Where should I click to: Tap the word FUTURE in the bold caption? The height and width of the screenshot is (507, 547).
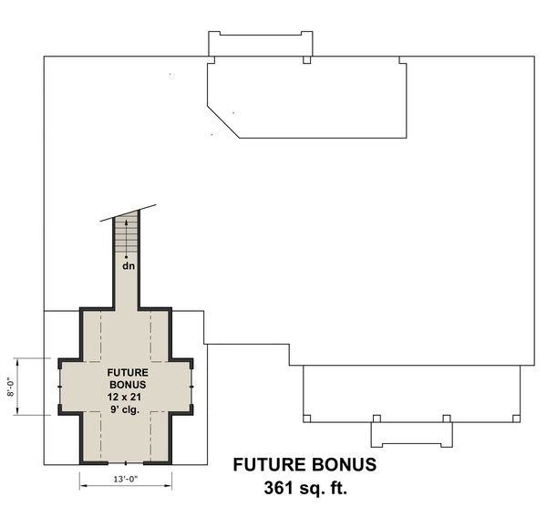[x=273, y=464]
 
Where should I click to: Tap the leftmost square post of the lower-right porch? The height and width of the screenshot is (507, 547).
[x=306, y=419]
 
